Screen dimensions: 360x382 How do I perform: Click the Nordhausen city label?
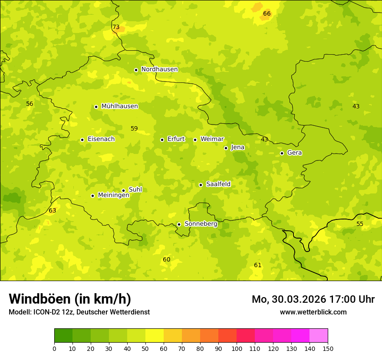click(159, 69)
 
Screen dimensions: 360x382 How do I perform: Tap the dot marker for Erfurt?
click(162, 140)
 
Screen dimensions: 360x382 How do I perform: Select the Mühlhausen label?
click(119, 106)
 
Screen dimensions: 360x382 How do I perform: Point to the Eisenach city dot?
click(82, 140)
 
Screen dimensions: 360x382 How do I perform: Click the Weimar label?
click(212, 139)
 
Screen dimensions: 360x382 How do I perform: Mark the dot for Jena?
click(226, 148)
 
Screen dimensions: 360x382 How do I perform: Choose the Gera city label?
click(294, 153)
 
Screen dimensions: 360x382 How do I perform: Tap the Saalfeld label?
click(218, 184)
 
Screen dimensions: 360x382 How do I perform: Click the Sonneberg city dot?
click(179, 224)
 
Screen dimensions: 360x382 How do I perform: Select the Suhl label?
click(135, 190)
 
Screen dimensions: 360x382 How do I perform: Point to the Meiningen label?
click(113, 195)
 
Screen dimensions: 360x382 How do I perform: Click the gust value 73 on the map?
click(116, 27)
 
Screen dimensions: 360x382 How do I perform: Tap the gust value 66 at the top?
click(267, 14)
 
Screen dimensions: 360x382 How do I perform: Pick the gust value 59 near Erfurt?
click(134, 129)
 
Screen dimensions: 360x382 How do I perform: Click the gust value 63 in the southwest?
click(53, 211)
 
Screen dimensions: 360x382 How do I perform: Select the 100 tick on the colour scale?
click(237, 348)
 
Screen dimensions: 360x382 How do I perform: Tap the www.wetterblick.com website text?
click(313, 312)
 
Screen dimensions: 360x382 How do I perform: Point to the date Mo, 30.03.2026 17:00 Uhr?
click(313, 299)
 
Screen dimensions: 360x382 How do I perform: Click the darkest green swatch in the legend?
click(63, 336)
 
